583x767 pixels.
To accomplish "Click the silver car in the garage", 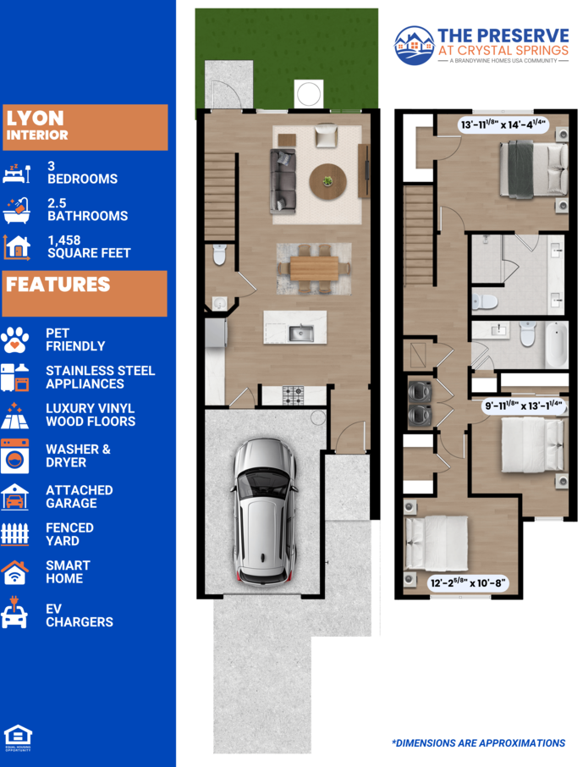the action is (265, 511).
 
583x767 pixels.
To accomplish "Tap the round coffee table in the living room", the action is (327, 181).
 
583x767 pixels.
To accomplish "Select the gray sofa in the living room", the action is (283, 181).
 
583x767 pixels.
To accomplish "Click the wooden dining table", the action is (314, 268).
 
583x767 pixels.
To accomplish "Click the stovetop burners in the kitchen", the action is (293, 395).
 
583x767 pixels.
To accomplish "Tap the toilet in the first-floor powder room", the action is (220, 254).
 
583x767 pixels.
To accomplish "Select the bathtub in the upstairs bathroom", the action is (556, 344).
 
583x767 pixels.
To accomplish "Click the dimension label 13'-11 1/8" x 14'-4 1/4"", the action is (503, 124).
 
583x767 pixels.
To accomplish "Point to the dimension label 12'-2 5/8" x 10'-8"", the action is (468, 582).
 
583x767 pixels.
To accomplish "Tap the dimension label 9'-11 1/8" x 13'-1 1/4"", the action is (524, 406).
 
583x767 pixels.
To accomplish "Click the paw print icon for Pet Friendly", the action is (14, 339).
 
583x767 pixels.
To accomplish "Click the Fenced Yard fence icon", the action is (14, 533).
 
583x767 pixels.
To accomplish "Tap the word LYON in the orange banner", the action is (35, 118).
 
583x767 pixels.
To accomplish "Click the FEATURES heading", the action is (58, 284).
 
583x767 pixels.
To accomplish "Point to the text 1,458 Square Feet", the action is (89, 246).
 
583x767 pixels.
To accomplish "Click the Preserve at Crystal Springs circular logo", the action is (415, 46).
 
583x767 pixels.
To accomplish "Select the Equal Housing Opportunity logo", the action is (18, 737).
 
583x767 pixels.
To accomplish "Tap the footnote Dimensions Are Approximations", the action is (478, 743).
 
